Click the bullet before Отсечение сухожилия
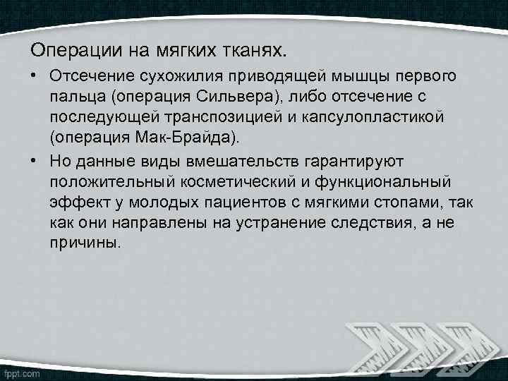click(x=35, y=75)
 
